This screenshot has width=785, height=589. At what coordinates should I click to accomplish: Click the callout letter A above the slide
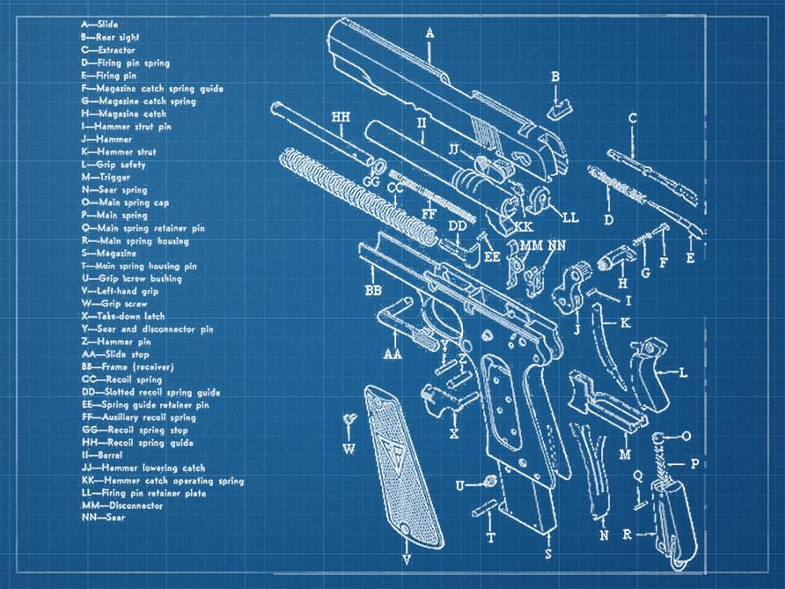click(x=430, y=33)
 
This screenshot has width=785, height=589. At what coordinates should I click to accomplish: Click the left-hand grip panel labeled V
click(x=392, y=475)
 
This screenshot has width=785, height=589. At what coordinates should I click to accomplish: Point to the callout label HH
click(x=341, y=117)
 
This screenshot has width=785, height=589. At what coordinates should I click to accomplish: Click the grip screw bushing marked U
click(x=486, y=483)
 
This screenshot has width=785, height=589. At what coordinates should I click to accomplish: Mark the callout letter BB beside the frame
click(x=373, y=290)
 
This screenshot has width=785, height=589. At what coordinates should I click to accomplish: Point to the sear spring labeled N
click(x=590, y=475)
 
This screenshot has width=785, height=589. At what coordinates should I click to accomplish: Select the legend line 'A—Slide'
click(x=99, y=26)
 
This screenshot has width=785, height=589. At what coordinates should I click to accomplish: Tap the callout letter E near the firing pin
click(x=690, y=258)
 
